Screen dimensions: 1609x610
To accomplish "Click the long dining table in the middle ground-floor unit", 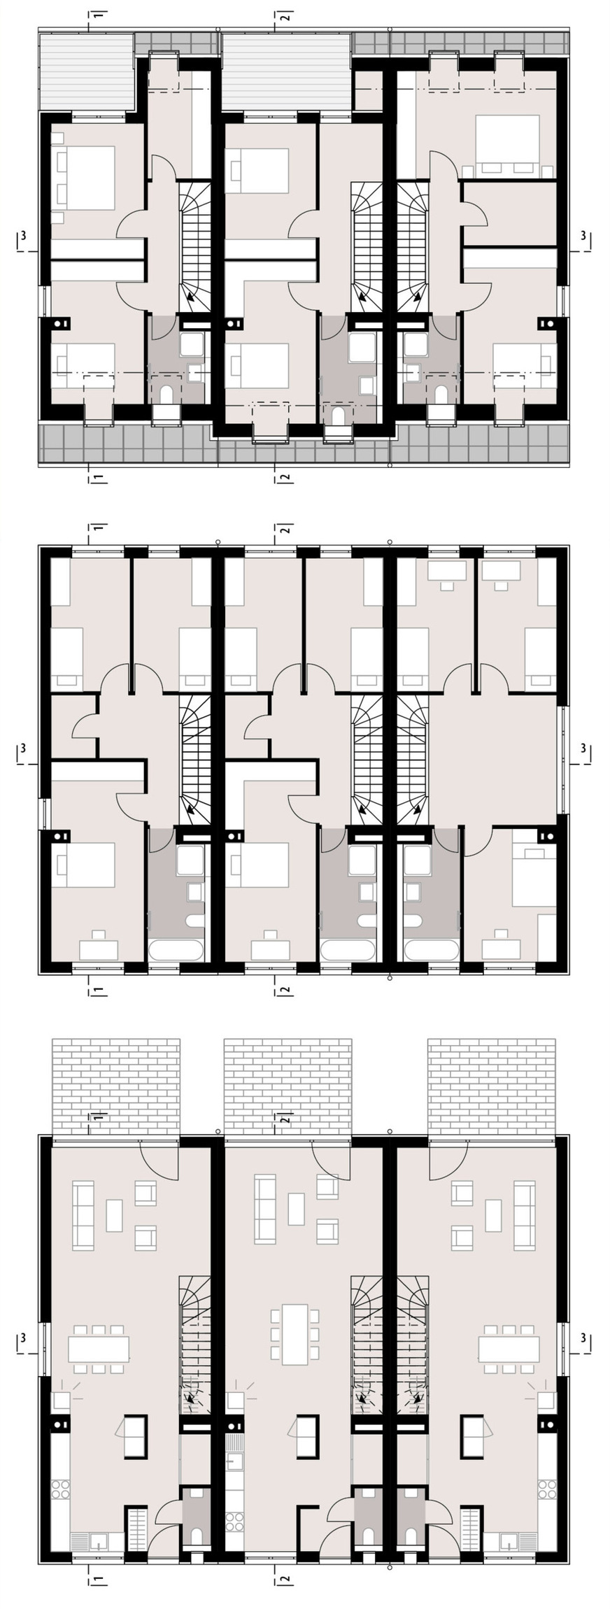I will point(295,1333).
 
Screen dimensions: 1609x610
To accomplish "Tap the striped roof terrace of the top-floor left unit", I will point(85,71).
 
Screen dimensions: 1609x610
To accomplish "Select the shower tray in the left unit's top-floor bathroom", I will point(192,346).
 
